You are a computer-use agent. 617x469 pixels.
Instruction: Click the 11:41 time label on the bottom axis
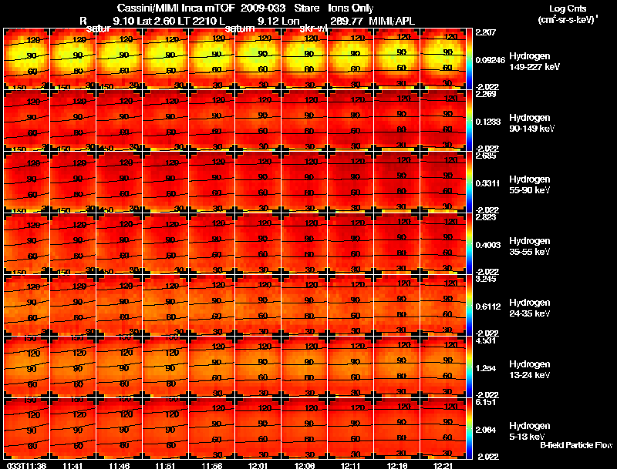point(73,465)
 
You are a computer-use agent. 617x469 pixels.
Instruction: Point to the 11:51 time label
point(166,465)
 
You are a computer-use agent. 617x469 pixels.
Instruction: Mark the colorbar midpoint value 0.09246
point(491,59)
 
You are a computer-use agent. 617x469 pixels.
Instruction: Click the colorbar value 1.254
point(487,368)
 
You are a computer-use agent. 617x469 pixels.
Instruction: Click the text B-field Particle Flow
point(575,446)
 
